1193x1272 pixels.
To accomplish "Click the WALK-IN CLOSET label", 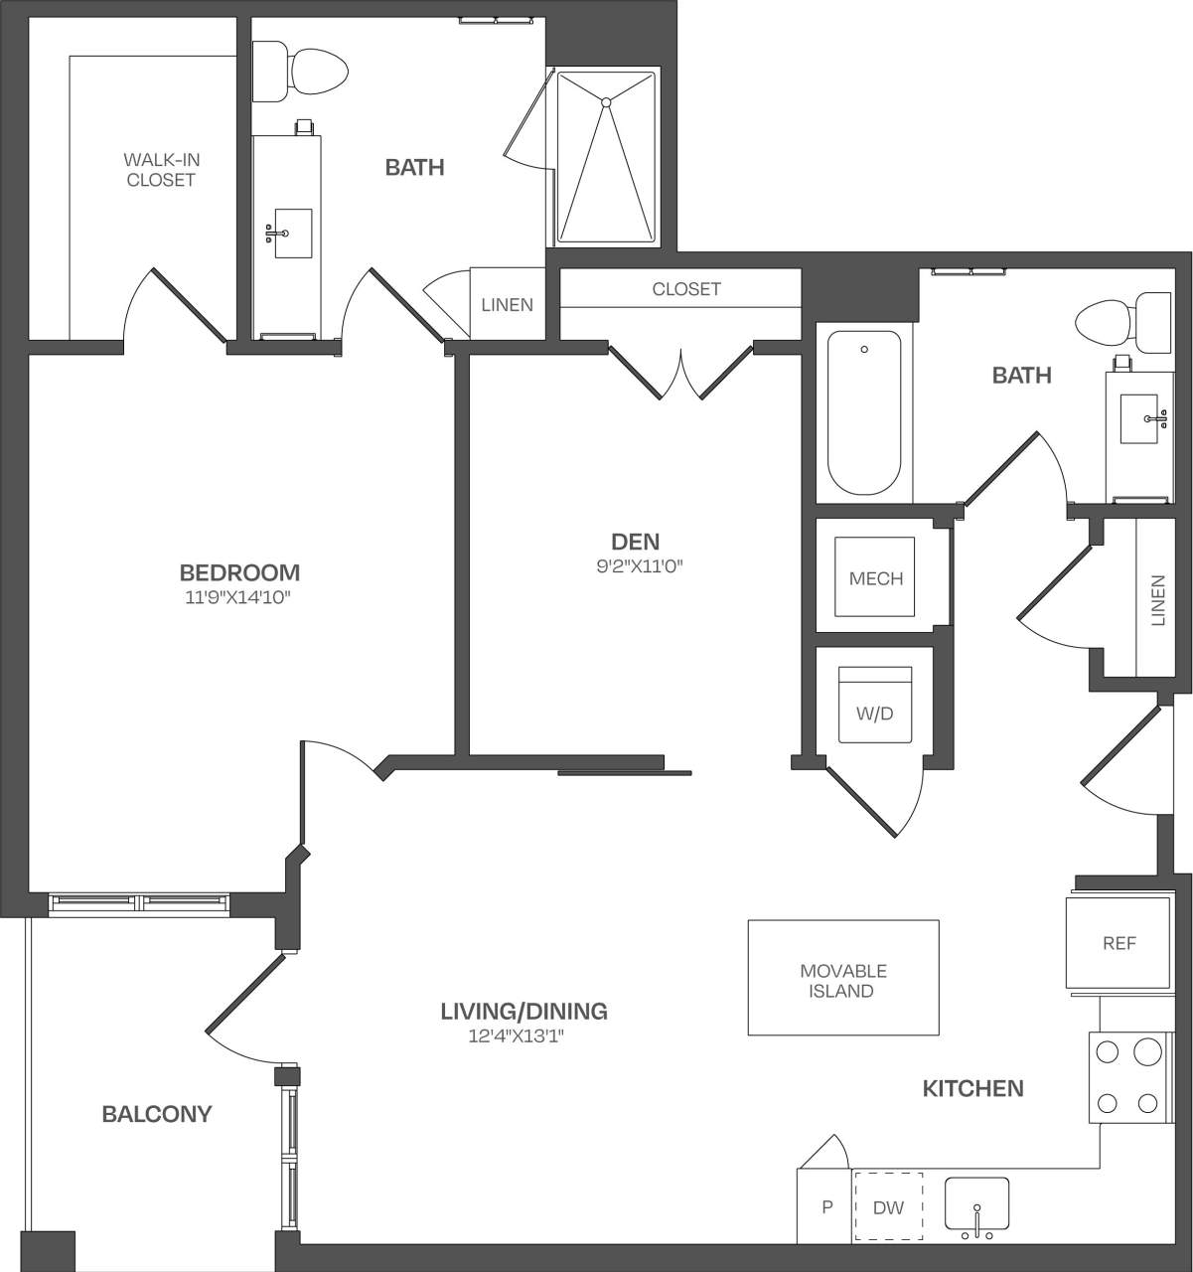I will [x=160, y=169].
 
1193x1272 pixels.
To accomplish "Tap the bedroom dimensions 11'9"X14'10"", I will [x=239, y=598].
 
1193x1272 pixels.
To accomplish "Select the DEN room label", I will [x=635, y=542].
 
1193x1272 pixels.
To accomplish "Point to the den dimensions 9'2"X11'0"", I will [x=635, y=567].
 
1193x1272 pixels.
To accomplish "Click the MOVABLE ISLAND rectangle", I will [x=842, y=978].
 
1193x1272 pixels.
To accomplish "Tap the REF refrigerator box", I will [x=1118, y=942].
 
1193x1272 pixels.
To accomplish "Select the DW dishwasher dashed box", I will [x=888, y=1207].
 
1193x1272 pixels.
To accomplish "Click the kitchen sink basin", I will [x=975, y=1203].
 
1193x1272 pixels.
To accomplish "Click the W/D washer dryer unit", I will [x=874, y=706].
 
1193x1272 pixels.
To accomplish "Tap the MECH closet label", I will [x=875, y=578].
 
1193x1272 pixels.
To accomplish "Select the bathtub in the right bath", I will [x=864, y=413].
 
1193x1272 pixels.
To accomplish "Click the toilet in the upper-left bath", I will [x=301, y=71].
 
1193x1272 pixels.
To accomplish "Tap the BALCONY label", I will [x=157, y=1114].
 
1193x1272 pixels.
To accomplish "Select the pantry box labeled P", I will [x=825, y=1207].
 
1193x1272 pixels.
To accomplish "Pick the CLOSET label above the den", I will [x=685, y=289].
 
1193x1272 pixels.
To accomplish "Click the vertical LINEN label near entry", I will [x=1156, y=600].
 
